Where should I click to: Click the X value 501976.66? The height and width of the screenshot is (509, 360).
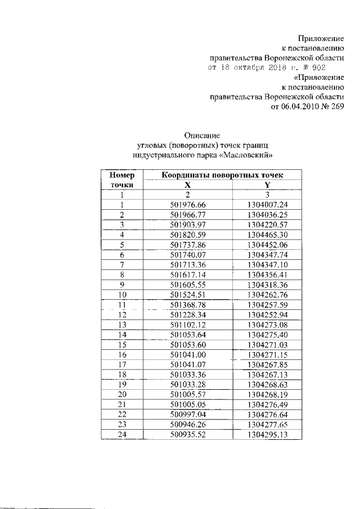coord(188,205)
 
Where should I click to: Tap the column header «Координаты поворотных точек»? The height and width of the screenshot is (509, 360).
coord(224,175)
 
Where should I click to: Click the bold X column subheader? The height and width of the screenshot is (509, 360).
coord(188,185)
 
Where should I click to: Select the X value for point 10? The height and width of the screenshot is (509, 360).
coord(188,294)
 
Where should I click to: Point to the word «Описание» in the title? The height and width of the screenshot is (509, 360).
coord(202,135)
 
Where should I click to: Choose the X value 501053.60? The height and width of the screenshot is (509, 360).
coord(188,344)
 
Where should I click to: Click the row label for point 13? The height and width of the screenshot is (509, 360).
coord(121,324)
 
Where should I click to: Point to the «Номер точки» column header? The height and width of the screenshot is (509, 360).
coord(121,180)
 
